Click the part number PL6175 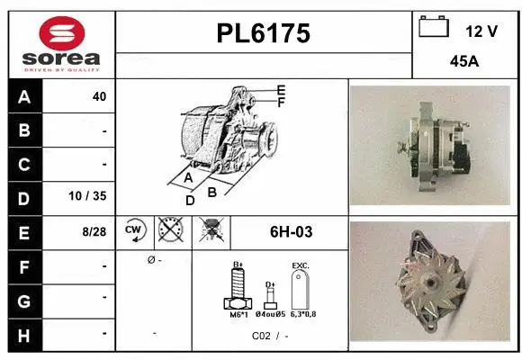264,33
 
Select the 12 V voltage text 481,31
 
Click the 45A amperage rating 463,62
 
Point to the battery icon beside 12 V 435,28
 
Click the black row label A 24,96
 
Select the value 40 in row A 99,96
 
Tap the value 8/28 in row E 94,231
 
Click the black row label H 24,334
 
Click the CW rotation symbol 135,231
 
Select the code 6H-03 291,232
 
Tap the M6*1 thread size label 238,315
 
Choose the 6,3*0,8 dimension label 304,315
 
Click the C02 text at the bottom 261,335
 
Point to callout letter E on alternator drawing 281,90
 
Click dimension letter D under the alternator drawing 190,201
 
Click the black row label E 24,231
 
